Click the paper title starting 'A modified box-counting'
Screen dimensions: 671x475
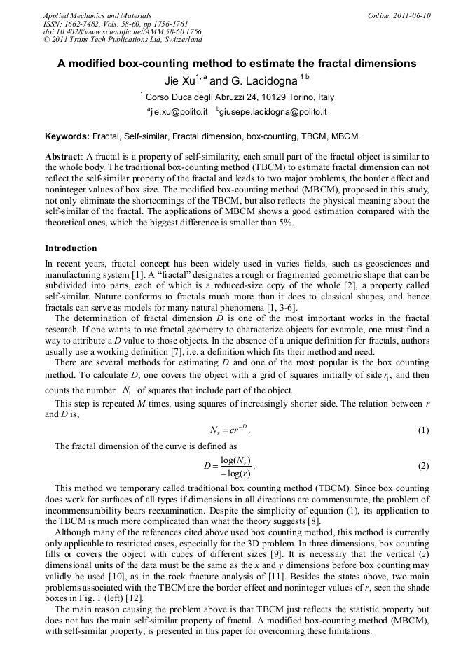pyautogui.click(x=237, y=64)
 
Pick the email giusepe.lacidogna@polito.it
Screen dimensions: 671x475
pyautogui.click(x=273, y=111)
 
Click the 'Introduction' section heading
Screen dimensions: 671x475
pyautogui.click(x=71, y=248)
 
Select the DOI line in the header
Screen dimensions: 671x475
pyautogui.click(x=122, y=32)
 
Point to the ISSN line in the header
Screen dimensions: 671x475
pyautogui.click(x=116, y=24)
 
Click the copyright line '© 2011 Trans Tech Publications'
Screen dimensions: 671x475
pyautogui.click(x=123, y=41)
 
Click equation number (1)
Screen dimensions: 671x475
pyautogui.click(x=423, y=430)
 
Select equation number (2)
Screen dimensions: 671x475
pyautogui.click(x=423, y=465)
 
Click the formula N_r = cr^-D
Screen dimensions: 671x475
pyautogui.click(x=229, y=430)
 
